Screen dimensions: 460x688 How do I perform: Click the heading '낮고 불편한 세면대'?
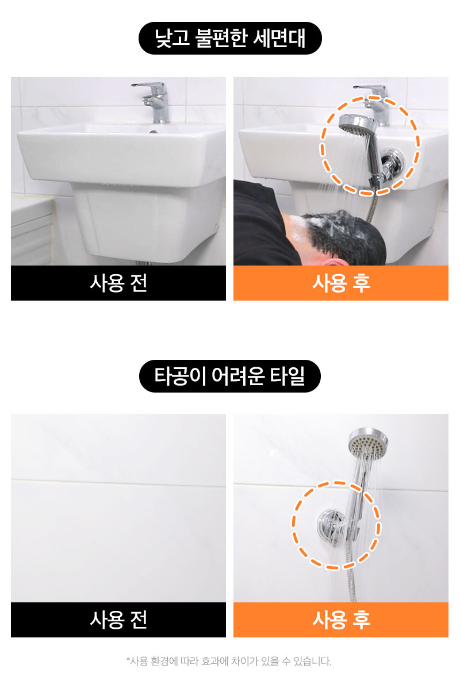[x=230, y=38]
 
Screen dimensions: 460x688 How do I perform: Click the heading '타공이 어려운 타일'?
[x=230, y=376]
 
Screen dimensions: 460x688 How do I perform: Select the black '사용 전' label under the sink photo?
[x=118, y=283]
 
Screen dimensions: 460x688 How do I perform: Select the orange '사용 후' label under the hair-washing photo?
[x=341, y=283]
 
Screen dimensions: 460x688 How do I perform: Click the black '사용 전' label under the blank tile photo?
[x=118, y=620]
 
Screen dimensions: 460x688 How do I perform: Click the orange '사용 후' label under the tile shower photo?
[x=341, y=620]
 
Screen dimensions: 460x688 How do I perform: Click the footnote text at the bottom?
[x=229, y=661]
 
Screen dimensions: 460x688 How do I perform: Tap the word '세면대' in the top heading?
[x=279, y=38]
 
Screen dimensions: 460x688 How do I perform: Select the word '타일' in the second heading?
[x=287, y=376]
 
